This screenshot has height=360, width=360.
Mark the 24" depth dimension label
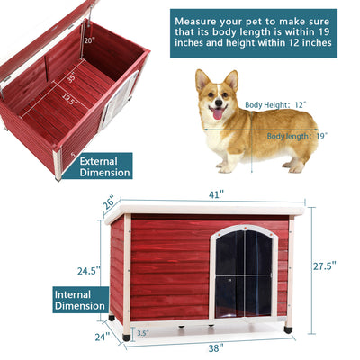(x=102, y=337)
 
